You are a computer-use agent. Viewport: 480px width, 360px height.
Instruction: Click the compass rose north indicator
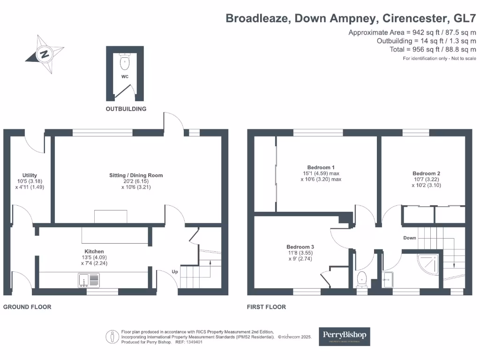click(x=45, y=53)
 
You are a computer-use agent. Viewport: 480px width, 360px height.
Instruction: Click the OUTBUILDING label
click(x=126, y=109)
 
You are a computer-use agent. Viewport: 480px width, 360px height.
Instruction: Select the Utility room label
click(x=30, y=175)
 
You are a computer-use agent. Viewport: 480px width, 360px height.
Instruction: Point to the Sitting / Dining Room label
click(x=136, y=175)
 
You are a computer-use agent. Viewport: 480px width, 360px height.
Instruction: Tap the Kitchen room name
click(x=94, y=252)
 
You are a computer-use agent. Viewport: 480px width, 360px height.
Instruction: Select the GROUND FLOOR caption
click(x=27, y=307)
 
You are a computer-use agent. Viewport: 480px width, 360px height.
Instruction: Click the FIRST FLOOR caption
click(x=266, y=307)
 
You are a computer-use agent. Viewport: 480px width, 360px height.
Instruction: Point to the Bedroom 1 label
click(x=321, y=167)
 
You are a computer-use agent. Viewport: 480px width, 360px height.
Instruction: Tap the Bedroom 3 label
click(x=300, y=247)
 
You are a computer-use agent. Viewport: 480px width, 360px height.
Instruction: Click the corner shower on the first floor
click(x=428, y=265)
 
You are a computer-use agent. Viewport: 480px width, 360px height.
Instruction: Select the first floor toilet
click(x=362, y=279)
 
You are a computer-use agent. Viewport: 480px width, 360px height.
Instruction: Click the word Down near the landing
click(x=410, y=238)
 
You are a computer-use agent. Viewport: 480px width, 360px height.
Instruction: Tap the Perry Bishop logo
click(x=345, y=336)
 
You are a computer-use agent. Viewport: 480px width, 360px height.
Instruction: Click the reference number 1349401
click(x=194, y=342)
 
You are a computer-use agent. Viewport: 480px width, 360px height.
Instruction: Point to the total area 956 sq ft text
click(x=433, y=50)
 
